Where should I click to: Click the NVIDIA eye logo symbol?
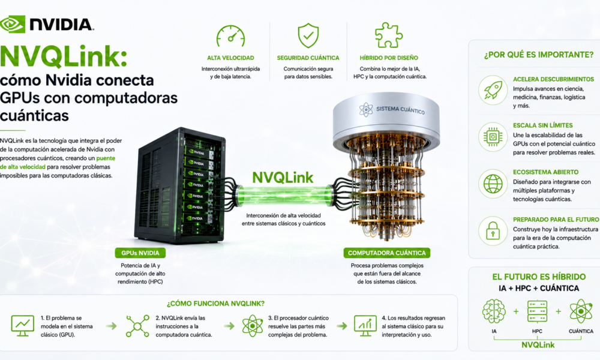click(x=12, y=24)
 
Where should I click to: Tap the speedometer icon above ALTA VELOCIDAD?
click(x=230, y=37)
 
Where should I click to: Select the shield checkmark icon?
click(x=308, y=35)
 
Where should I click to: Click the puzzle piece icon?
click(x=388, y=35)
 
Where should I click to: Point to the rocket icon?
click(x=493, y=90)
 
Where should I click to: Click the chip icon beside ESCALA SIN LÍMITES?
click(x=493, y=137)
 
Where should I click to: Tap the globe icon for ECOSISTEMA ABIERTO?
click(x=493, y=184)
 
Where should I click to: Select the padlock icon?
click(x=493, y=230)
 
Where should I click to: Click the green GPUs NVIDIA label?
click(x=140, y=253)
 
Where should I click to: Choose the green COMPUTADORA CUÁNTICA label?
click(x=386, y=253)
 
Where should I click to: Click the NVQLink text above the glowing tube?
click(x=283, y=178)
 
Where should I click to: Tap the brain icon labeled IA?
click(x=494, y=311)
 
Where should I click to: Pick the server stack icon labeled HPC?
click(x=537, y=311)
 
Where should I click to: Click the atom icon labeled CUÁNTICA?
click(x=581, y=311)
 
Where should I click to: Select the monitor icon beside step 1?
click(x=23, y=326)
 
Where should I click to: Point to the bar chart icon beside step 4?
click(x=365, y=326)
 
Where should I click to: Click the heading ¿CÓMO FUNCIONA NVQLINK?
click(x=215, y=304)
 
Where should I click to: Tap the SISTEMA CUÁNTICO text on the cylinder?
click(x=400, y=110)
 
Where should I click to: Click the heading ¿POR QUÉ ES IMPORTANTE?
click(x=539, y=55)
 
